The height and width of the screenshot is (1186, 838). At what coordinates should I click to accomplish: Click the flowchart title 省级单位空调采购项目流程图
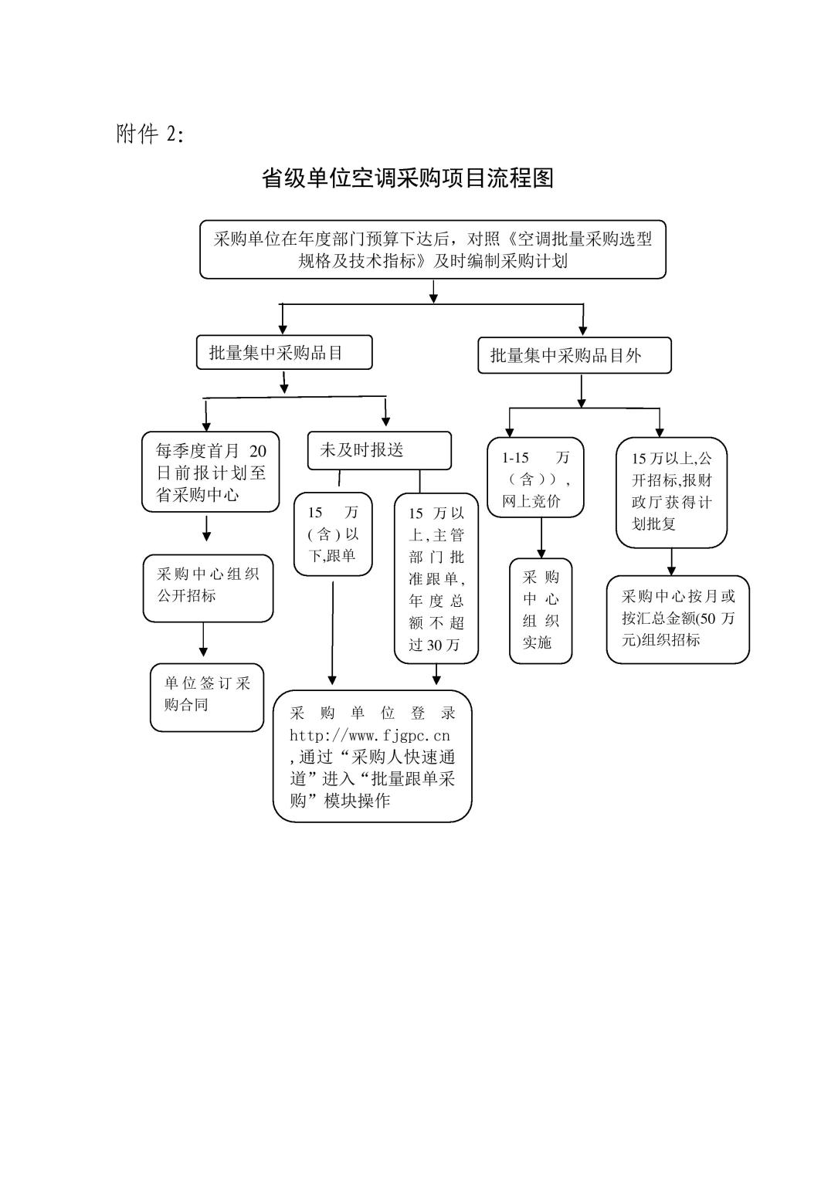click(x=407, y=178)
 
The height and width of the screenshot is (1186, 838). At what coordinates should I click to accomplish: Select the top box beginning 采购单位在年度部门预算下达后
click(x=433, y=249)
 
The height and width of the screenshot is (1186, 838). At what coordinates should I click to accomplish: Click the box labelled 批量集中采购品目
click(x=284, y=352)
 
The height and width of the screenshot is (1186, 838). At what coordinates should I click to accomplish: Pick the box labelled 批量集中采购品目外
click(x=575, y=355)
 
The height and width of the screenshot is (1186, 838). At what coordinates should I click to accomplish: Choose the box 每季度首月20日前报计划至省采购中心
click(x=210, y=472)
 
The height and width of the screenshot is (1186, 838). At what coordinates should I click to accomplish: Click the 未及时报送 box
click(x=379, y=451)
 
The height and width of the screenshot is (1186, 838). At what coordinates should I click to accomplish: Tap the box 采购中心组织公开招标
click(x=209, y=588)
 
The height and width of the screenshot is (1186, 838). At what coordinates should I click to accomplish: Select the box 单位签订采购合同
click(x=207, y=697)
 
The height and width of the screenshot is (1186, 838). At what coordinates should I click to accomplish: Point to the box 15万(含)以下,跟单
click(x=333, y=534)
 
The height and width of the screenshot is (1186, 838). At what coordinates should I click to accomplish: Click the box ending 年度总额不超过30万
click(x=436, y=578)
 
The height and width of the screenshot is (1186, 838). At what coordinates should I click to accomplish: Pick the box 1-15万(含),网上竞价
click(x=535, y=477)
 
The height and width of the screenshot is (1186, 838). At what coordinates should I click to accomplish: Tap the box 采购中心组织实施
click(x=541, y=611)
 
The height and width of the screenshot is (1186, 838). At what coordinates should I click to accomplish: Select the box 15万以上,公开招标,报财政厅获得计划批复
click(x=672, y=493)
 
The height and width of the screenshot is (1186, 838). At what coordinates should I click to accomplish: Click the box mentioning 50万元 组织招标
click(x=678, y=619)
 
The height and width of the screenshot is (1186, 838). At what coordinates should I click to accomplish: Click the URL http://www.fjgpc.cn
click(x=370, y=735)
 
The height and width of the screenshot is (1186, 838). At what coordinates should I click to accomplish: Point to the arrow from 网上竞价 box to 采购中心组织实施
click(x=541, y=538)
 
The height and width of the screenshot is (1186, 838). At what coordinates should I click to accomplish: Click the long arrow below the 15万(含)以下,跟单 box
click(x=333, y=633)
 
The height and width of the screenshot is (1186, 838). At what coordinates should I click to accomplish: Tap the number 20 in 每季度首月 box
click(x=258, y=451)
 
